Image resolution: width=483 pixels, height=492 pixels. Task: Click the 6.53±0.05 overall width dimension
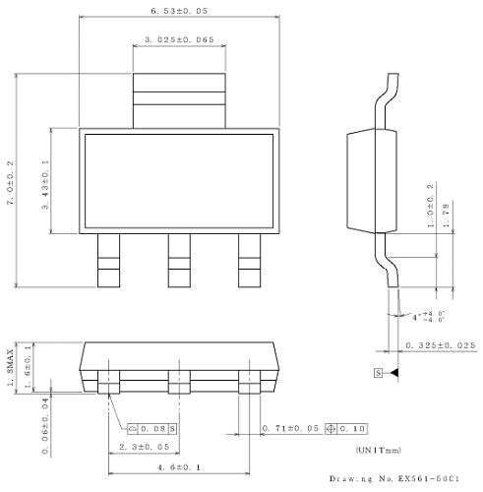[178, 10]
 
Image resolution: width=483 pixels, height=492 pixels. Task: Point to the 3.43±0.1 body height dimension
[46, 181]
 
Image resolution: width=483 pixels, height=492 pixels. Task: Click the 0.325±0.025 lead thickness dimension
[441, 346]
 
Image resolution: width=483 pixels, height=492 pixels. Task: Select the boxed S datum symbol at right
[377, 373]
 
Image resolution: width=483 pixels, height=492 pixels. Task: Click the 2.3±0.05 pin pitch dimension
[144, 447]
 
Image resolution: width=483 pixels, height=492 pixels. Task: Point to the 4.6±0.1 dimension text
[178, 469]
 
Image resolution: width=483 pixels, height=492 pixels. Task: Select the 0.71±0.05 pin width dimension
[291, 430]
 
